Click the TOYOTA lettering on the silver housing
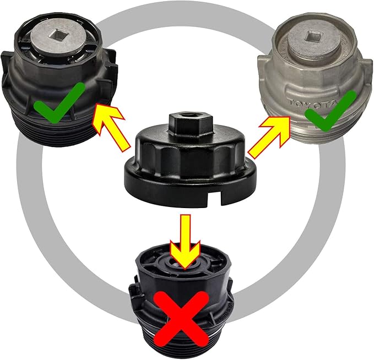coord(315,102)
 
